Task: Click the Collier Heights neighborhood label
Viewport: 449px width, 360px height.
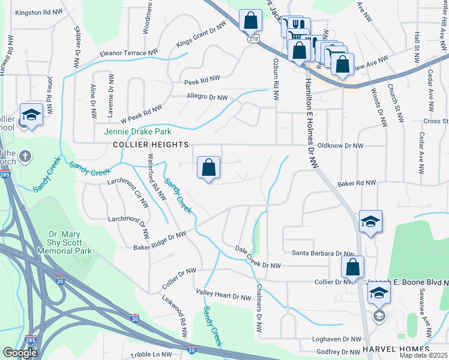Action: (x=151, y=145)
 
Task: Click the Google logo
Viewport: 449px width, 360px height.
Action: (x=20, y=352)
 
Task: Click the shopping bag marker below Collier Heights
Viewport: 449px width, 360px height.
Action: (x=208, y=168)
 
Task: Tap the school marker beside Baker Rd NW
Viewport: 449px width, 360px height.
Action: (x=370, y=222)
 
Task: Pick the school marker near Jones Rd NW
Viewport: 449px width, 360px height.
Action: (x=31, y=115)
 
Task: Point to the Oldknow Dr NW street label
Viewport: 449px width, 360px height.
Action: (x=340, y=145)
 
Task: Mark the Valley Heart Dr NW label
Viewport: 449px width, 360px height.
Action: (x=224, y=297)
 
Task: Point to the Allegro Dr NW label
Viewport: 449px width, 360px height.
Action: (x=206, y=97)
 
